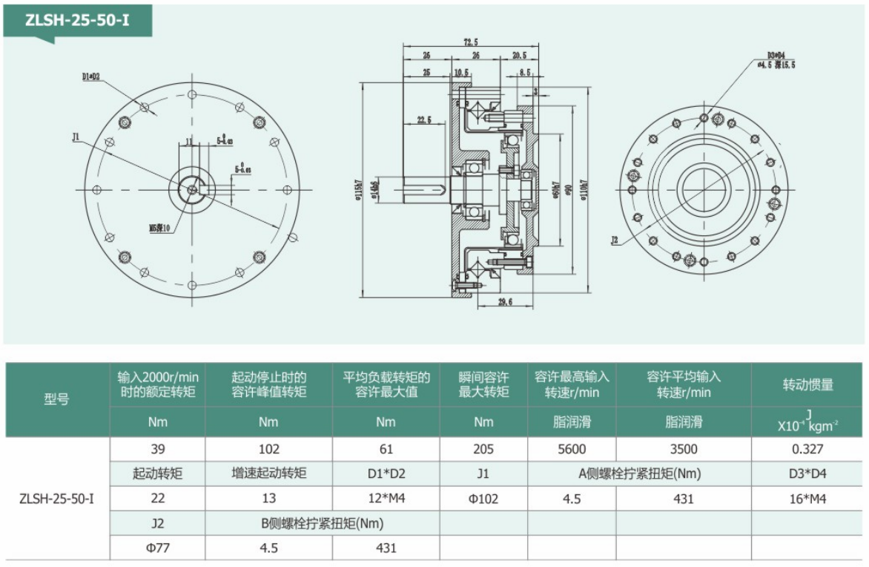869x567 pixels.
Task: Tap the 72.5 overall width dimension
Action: [x=471, y=44]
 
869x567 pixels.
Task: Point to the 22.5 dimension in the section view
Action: [x=424, y=119]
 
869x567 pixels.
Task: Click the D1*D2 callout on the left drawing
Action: [x=92, y=76]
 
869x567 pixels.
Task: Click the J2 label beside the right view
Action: [x=614, y=240]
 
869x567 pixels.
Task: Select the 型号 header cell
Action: [x=57, y=399]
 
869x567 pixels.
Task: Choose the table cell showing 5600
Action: [x=571, y=449]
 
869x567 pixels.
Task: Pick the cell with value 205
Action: [x=483, y=449]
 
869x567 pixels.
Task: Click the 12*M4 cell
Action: [x=386, y=499]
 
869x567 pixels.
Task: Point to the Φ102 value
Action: [x=483, y=499]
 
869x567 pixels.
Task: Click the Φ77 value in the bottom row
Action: [x=157, y=548]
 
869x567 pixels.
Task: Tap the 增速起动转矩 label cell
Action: [x=268, y=473]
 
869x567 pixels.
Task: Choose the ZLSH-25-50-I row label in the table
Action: [x=57, y=499]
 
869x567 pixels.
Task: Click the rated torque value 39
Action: [x=157, y=449]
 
